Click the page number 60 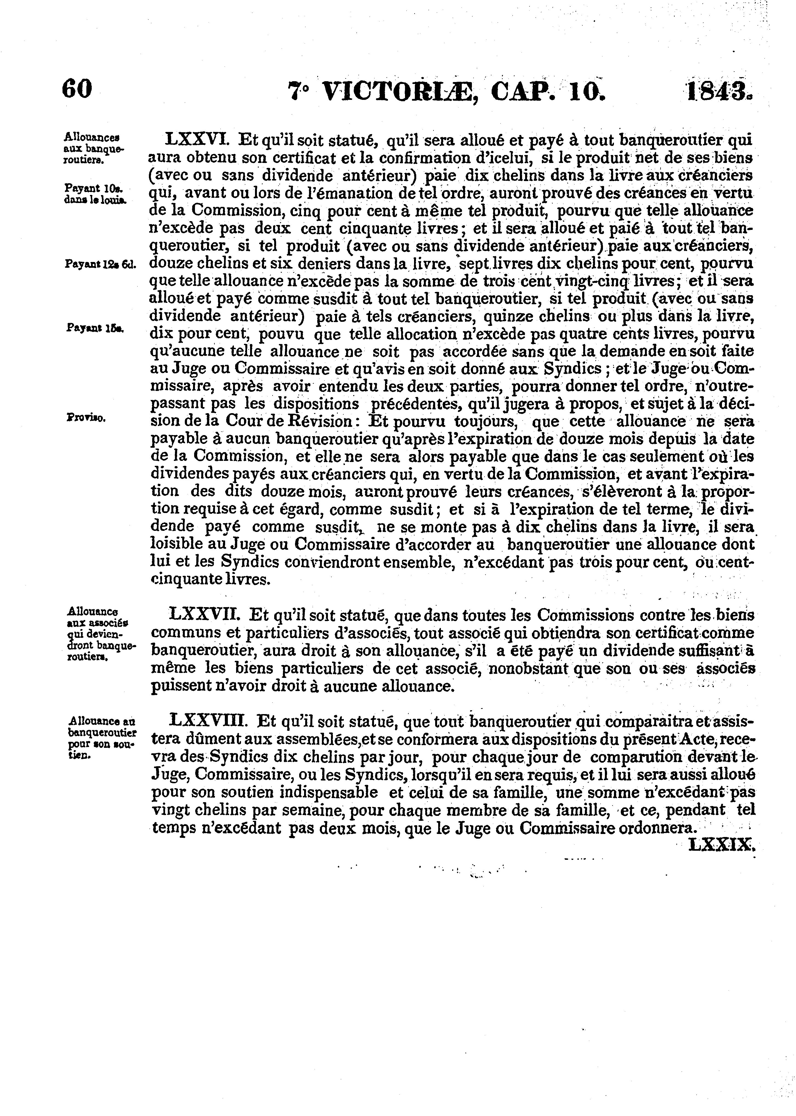(x=77, y=90)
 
